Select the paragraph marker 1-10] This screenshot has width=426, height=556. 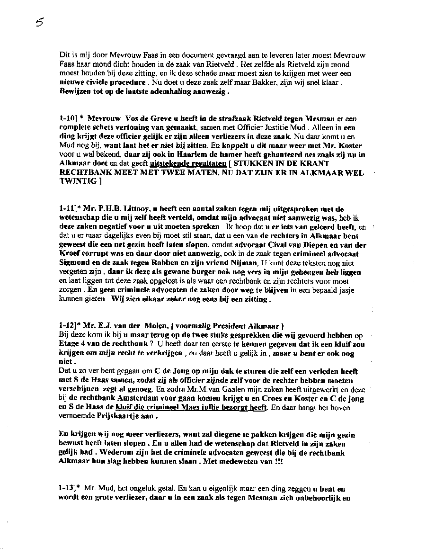[69, 119]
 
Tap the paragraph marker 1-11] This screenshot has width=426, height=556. [69, 208]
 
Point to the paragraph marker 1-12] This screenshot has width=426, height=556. [69, 326]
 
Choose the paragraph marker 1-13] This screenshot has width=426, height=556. [69, 487]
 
